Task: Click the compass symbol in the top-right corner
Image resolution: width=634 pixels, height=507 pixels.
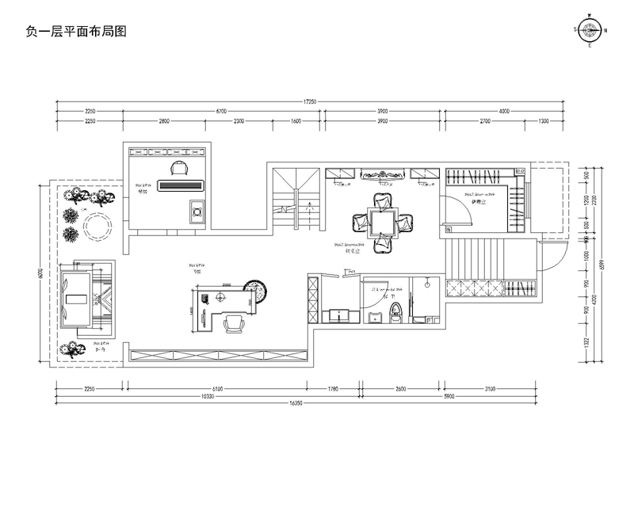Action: [x=590, y=31]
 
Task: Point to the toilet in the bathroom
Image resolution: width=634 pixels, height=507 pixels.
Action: [x=396, y=314]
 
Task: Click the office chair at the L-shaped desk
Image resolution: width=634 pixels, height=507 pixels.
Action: [x=235, y=322]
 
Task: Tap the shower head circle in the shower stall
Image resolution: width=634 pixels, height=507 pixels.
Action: [x=426, y=283]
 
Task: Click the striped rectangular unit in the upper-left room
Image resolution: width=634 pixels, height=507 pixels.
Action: [x=182, y=186]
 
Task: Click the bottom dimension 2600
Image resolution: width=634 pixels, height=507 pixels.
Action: [x=400, y=388]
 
